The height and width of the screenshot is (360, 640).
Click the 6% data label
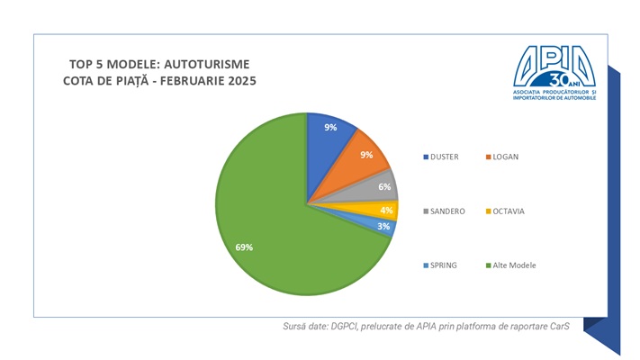[384, 187]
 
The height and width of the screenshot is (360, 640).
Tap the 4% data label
[386, 211]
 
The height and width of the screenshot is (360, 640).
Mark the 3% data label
[383, 227]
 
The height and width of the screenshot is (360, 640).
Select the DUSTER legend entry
[445, 157]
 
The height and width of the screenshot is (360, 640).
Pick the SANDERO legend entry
[446, 211]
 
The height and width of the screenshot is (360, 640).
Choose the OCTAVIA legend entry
[508, 211]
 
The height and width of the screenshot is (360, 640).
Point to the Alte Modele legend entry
[515, 265]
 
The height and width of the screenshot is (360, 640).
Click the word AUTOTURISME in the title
[212, 64]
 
